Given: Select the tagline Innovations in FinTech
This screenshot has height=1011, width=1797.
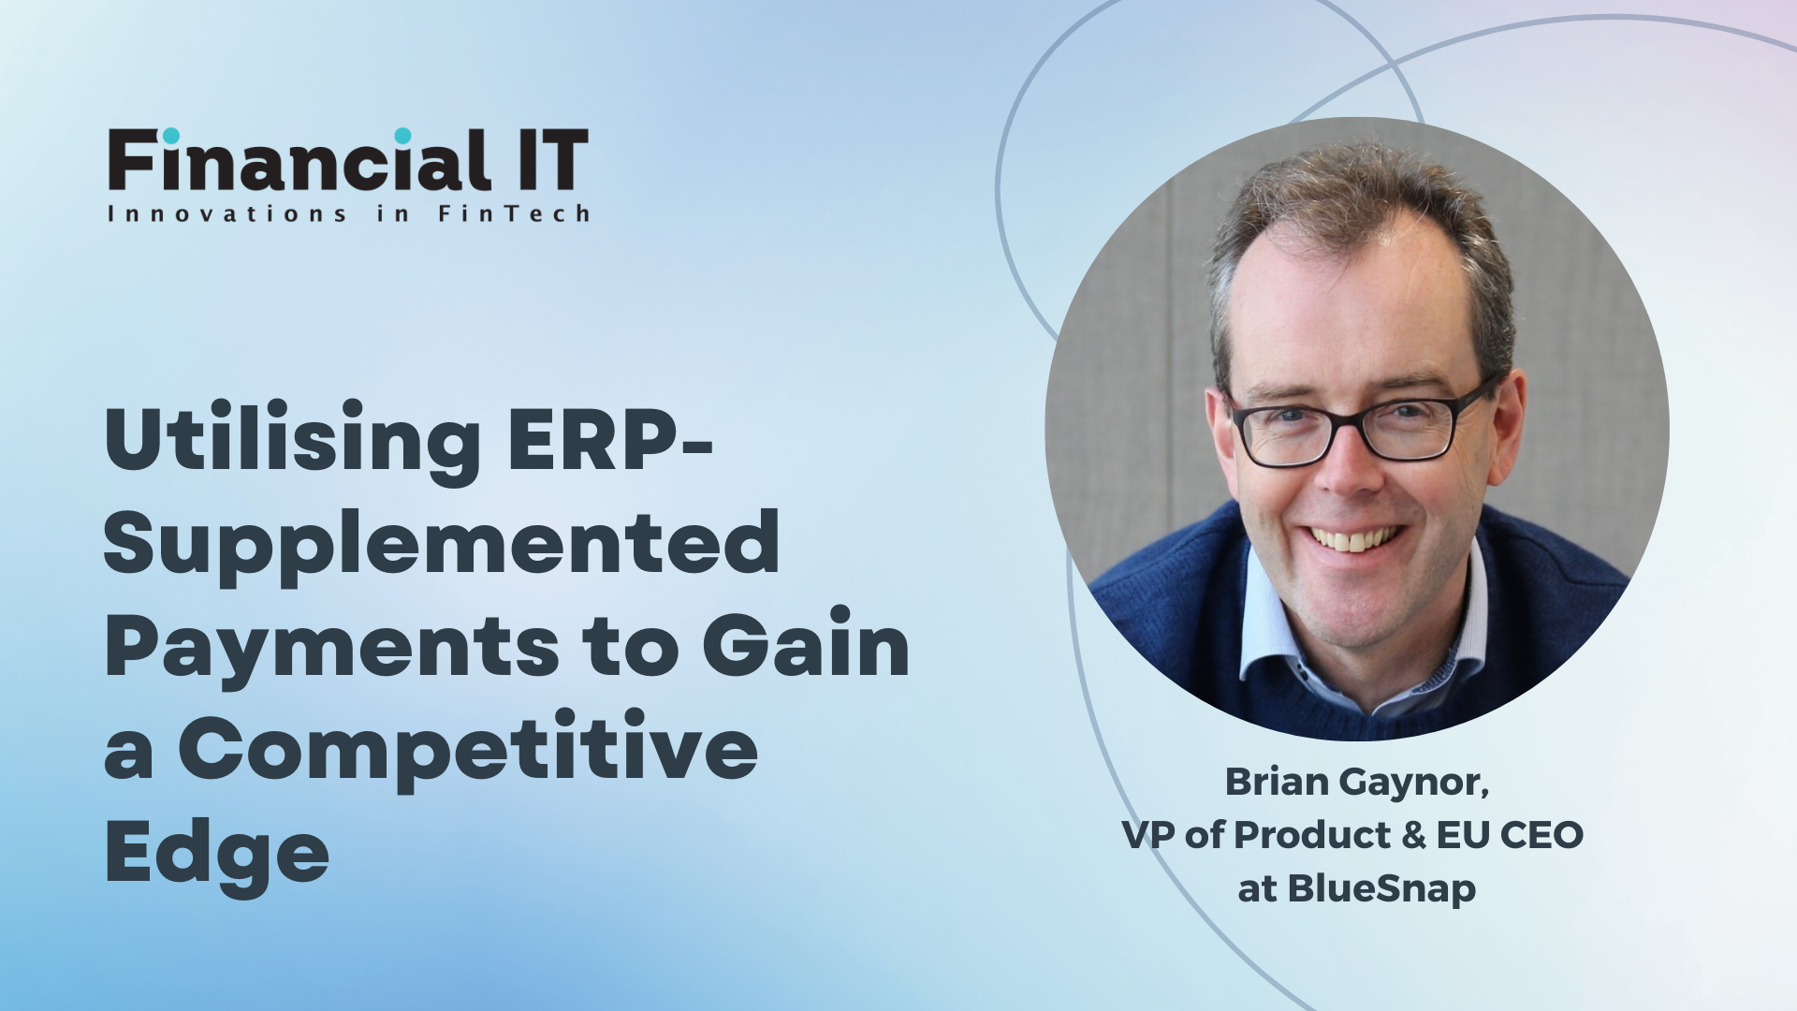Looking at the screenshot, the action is point(348,214).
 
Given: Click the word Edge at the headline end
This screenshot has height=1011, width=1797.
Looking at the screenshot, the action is point(217,854).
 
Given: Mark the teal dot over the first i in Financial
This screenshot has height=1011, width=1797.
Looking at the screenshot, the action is point(170,137).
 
